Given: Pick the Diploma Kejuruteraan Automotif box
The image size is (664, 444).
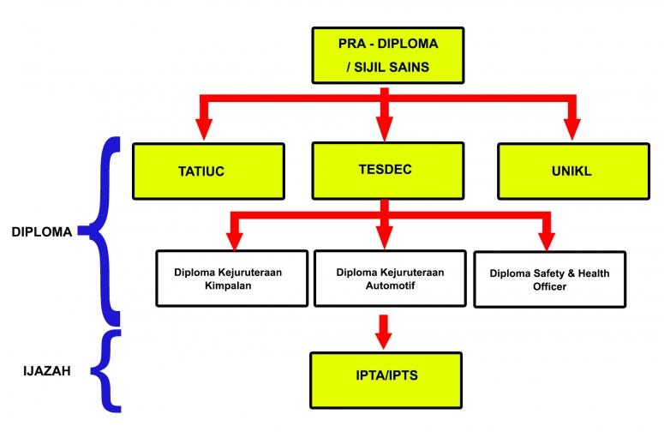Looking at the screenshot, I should click(390, 278).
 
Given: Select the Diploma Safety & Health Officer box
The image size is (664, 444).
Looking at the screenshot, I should click(549, 279).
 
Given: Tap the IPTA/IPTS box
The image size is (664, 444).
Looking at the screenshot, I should click(388, 376).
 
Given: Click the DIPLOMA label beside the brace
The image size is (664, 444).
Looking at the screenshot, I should click(41, 231).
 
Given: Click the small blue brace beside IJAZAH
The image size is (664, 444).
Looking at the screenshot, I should click(106, 370).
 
